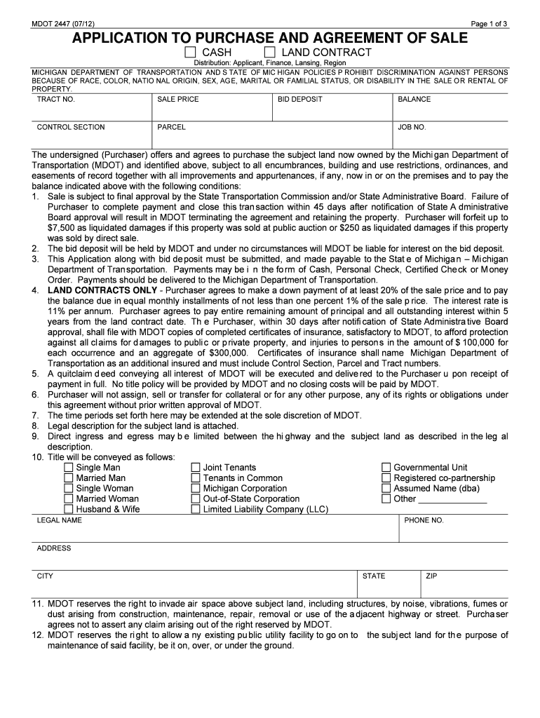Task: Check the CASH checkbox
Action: [x=190, y=53]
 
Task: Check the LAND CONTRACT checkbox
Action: [x=269, y=53]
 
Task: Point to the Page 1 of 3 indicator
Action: [x=489, y=25]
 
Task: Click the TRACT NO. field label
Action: [x=55, y=100]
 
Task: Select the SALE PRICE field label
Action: [x=178, y=100]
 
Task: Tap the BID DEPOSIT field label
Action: [x=299, y=100]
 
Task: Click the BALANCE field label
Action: [x=414, y=100]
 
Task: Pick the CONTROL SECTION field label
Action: [x=71, y=128]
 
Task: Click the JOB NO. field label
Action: [x=412, y=128]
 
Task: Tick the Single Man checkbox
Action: [x=68, y=468]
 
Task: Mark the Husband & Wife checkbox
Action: [x=68, y=510]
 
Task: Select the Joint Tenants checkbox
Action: [x=196, y=468]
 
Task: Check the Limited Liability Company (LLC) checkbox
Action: [x=196, y=510]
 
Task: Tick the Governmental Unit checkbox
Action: [x=386, y=468]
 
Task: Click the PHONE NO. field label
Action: [x=424, y=521]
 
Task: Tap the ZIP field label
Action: [x=431, y=576]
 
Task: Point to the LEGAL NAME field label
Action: [x=59, y=521]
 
